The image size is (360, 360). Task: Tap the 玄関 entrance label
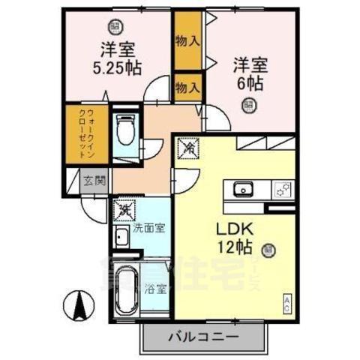coord(94,180)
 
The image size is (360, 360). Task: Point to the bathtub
coord(124,292)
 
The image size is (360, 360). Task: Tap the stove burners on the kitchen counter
coord(282,190)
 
